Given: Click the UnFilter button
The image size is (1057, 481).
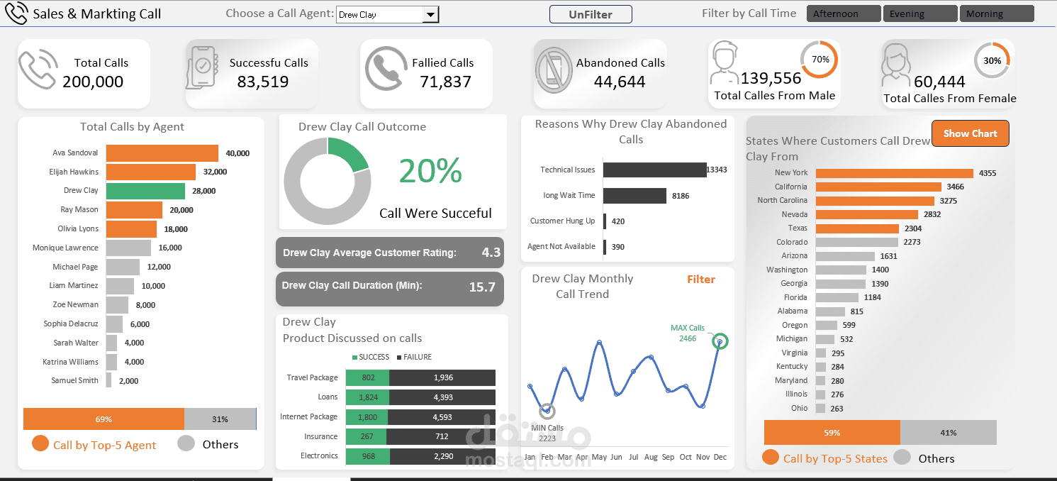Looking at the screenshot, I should tap(590, 14).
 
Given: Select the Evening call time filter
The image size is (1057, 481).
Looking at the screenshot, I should tap(919, 13).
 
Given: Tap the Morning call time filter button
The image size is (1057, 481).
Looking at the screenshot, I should tap(996, 13).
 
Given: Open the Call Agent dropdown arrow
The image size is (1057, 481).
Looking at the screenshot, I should tap(430, 15).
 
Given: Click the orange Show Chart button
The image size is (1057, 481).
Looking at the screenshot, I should tap(970, 133).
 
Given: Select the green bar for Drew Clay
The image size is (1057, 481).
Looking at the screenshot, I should tap(145, 191).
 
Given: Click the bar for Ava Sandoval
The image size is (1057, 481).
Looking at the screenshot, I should tap(162, 153).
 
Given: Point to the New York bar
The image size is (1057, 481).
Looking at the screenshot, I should tap(894, 173).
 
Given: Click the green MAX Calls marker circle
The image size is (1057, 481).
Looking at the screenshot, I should tap(720, 342).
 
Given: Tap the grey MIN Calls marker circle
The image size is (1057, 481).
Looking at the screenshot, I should tap(547, 411).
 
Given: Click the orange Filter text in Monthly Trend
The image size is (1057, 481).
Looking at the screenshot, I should tap(700, 280).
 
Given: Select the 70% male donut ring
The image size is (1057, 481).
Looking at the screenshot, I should tap(820, 60).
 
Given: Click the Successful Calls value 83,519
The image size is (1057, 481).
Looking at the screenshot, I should tap(263, 82).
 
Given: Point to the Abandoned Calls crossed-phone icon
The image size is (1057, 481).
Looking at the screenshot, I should tap(553, 70).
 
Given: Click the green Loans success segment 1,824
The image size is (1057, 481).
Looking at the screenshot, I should tap(367, 397).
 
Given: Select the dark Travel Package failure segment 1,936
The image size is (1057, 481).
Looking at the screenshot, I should tap(442, 378).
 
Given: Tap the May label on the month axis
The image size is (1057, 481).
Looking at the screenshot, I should tap(599, 458).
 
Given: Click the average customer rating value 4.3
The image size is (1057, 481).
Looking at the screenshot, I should tap(491, 253).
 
